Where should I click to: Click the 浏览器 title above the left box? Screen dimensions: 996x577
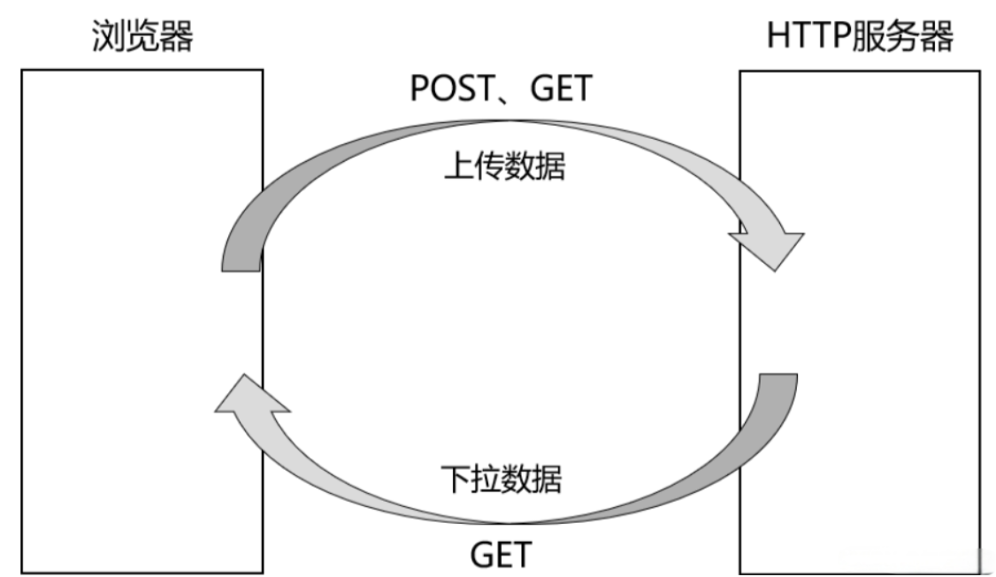click(142, 35)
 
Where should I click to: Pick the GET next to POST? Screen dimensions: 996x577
click(561, 88)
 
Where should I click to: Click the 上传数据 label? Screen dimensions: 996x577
click(504, 165)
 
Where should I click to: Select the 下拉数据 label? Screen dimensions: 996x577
click(502, 479)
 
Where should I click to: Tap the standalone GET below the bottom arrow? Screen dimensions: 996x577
click(501, 555)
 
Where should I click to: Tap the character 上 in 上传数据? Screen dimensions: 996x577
click(458, 165)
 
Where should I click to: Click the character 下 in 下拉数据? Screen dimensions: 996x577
click(456, 479)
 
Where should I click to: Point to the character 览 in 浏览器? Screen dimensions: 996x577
click(142, 35)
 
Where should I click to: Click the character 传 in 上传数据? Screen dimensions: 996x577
click(489, 165)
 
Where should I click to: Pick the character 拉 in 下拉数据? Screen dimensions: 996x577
click(487, 479)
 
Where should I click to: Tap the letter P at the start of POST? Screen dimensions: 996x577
click(419, 88)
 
